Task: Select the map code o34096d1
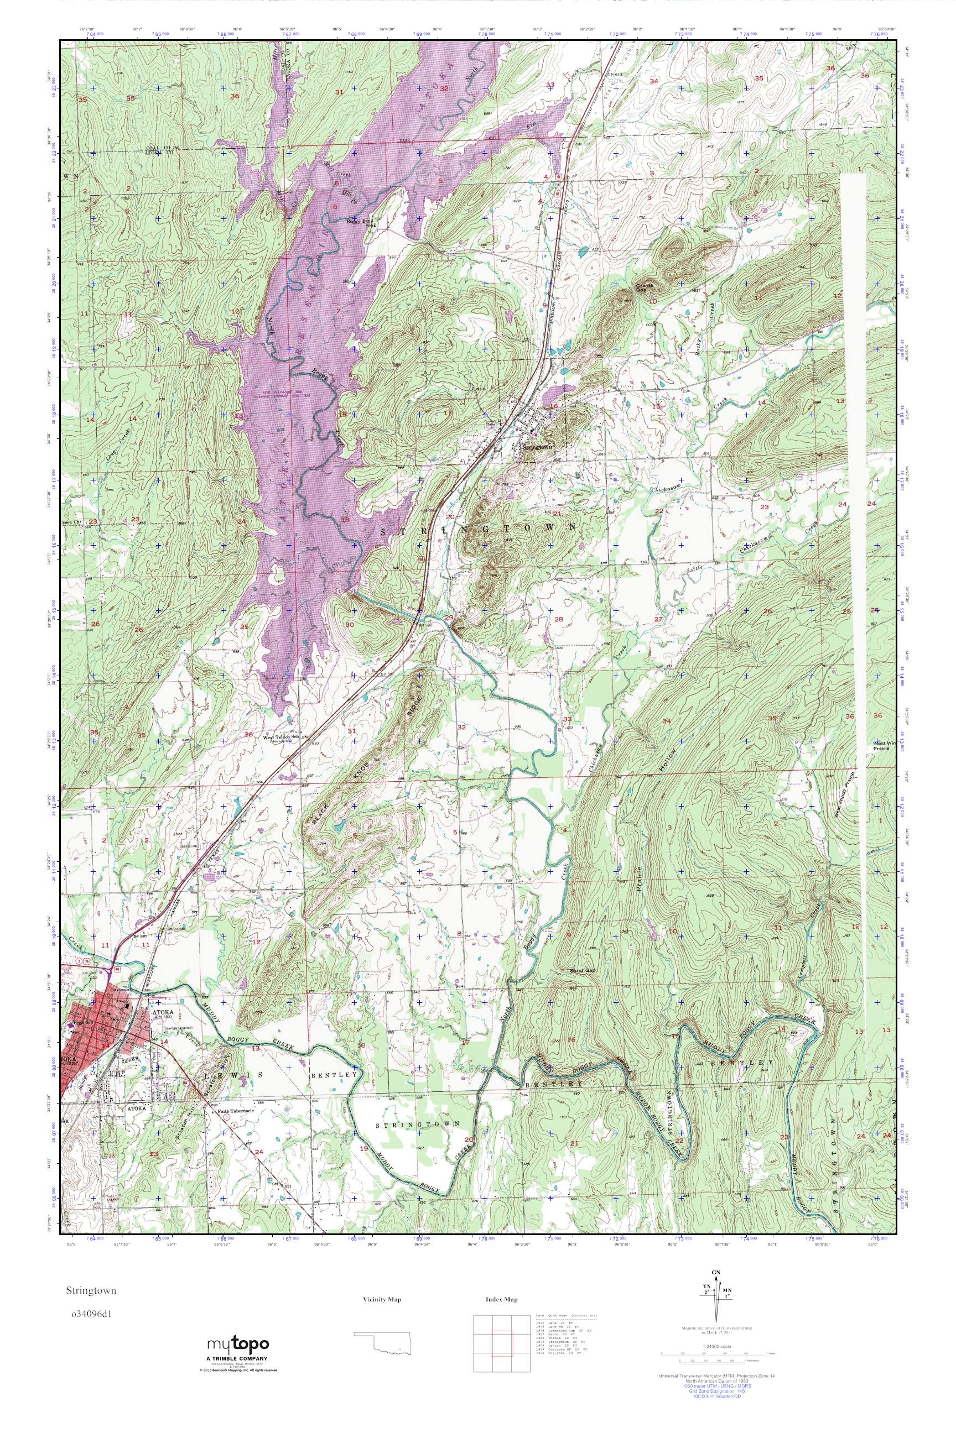point(91,1314)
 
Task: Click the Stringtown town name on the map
point(537,447)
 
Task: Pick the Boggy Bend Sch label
point(358,222)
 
